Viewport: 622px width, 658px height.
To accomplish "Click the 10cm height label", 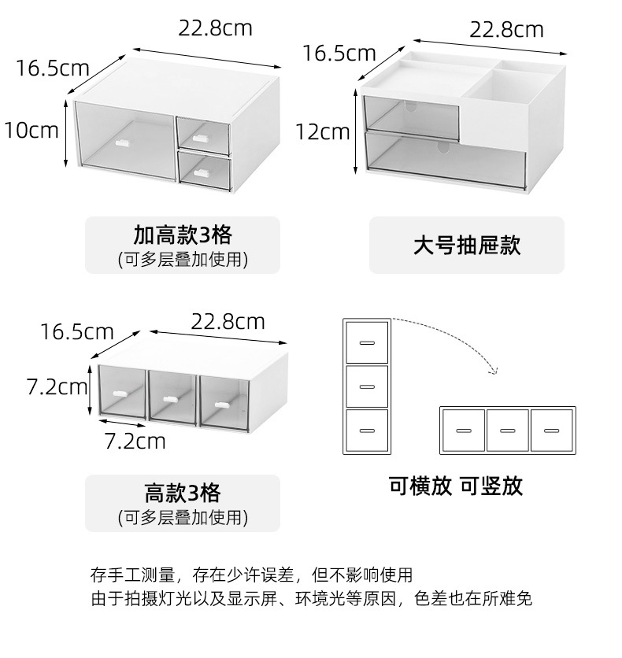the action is click(x=32, y=129).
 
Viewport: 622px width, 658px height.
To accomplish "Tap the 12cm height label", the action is click(x=323, y=131).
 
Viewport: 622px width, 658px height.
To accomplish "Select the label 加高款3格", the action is click(x=182, y=235).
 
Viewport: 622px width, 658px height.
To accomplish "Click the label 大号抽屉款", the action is click(x=467, y=245).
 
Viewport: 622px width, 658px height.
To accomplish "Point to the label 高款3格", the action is click(x=182, y=494).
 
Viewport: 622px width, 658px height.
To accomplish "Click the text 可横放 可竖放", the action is click(x=455, y=486).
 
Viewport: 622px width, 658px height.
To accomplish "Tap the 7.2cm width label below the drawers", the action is click(x=135, y=441).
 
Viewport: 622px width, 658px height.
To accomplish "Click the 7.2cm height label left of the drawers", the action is click(x=56, y=386).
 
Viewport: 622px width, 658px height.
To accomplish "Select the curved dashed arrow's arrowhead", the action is click(x=492, y=368).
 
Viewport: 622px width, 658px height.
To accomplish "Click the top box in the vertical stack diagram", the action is click(x=366, y=342).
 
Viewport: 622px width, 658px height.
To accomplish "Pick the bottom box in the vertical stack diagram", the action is click(x=366, y=430).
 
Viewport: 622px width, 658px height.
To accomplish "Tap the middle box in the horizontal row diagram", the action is click(x=507, y=430).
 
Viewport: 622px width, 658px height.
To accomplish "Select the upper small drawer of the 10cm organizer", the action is click(x=204, y=132).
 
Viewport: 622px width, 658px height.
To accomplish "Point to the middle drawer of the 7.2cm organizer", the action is click(x=172, y=398).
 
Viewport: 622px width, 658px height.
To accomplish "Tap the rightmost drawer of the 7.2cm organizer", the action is click(x=222, y=401).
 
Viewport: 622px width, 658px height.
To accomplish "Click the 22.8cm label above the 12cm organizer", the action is click(x=506, y=30).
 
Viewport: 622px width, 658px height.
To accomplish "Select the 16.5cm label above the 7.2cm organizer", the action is click(x=77, y=331).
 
